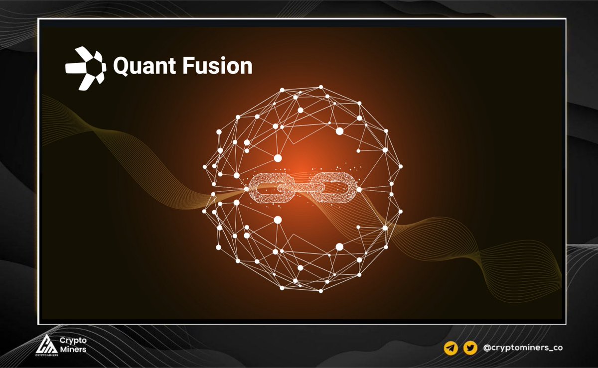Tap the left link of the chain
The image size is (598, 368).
pos(268,188)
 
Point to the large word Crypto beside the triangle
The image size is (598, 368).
pos(73,341)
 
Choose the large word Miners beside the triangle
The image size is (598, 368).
pos(73,349)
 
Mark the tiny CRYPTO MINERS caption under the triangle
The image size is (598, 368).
pos(48,356)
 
